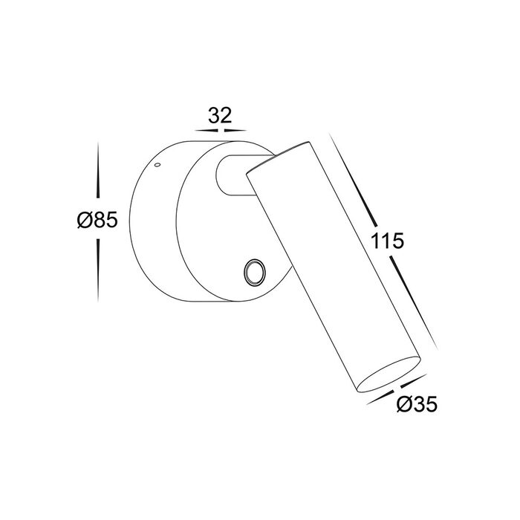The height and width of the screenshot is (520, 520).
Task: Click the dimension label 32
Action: [x=220, y=116]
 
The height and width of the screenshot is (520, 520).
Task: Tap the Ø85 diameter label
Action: [x=97, y=220]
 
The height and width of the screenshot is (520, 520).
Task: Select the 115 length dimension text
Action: [x=387, y=241]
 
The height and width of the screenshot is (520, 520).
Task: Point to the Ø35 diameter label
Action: [x=417, y=404]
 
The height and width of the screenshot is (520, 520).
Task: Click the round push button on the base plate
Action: [x=254, y=272]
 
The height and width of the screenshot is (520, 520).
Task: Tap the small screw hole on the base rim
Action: [x=157, y=164]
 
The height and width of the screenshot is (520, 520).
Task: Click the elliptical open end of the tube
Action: [x=389, y=374]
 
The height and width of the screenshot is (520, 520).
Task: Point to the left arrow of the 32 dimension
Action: [x=207, y=131]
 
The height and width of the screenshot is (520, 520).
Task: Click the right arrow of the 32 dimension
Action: [x=235, y=131]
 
